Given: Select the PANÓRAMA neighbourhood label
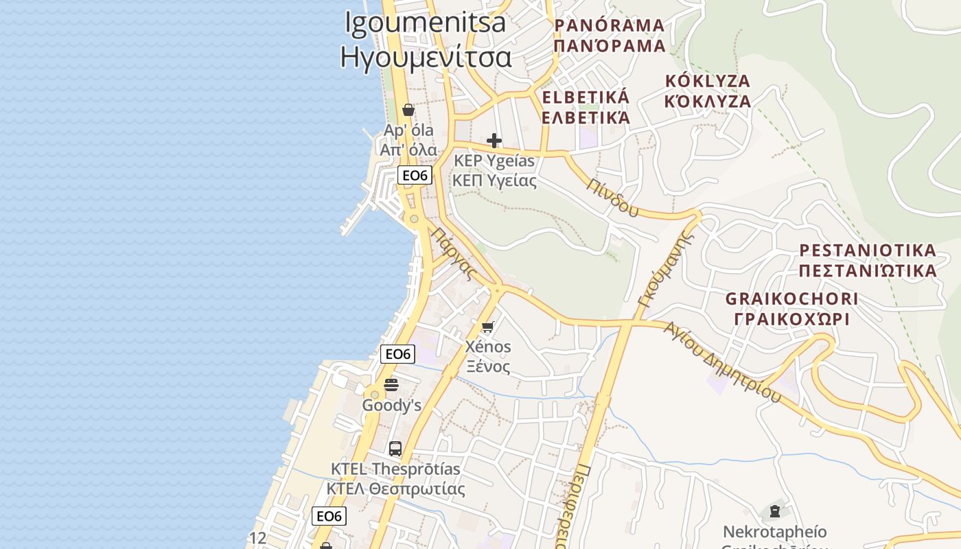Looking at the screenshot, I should tap(610, 26).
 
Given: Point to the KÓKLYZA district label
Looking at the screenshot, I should tap(708, 81).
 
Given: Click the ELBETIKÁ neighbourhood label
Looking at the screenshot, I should tap(586, 97).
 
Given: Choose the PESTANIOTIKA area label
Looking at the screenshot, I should tap(868, 250).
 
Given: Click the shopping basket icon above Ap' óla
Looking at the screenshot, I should tap(408, 110).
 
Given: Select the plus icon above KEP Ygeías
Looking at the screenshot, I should tap(494, 141).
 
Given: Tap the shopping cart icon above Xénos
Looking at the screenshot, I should tap(487, 327).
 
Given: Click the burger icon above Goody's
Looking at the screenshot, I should tap(391, 385).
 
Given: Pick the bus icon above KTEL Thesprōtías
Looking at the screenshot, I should tap(395, 449).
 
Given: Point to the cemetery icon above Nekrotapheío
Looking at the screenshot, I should tap(775, 511).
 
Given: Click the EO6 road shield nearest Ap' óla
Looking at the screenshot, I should tap(415, 176).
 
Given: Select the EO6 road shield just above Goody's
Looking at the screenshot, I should tap(397, 354).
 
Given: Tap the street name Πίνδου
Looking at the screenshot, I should tap(613, 197).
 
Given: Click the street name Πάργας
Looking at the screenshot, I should tap(454, 253).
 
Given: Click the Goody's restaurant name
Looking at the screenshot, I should tap(391, 405).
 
